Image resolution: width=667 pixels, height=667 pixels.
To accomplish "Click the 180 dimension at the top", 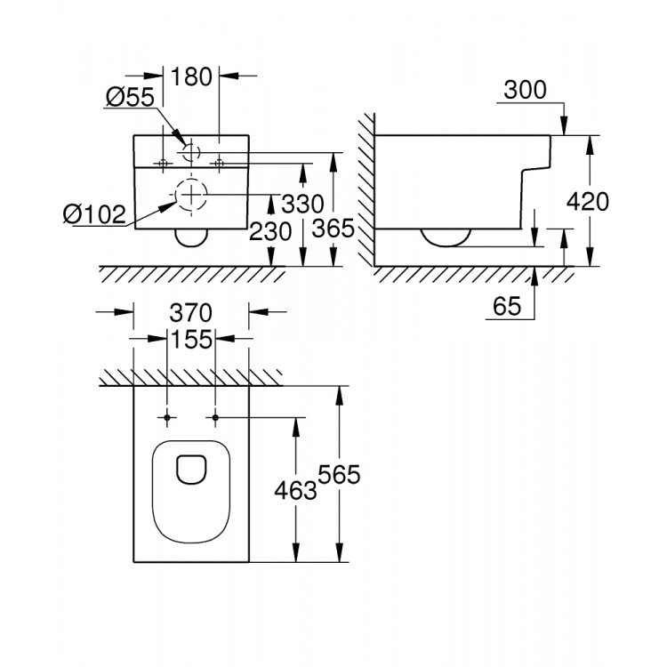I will click(192, 76).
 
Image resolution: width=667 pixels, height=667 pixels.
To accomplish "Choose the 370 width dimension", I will click(190, 313).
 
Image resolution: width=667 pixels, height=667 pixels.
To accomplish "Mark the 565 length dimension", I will click(337, 475).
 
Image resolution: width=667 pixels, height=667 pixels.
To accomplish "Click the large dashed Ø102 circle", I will click(190, 195).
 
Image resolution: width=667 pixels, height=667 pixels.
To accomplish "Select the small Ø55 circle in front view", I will click(191, 153).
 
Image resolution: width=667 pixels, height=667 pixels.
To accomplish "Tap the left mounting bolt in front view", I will click(163, 163).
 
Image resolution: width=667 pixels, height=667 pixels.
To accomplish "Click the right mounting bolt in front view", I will click(219, 163).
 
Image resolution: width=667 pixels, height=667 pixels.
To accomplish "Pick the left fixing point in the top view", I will click(167, 417).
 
